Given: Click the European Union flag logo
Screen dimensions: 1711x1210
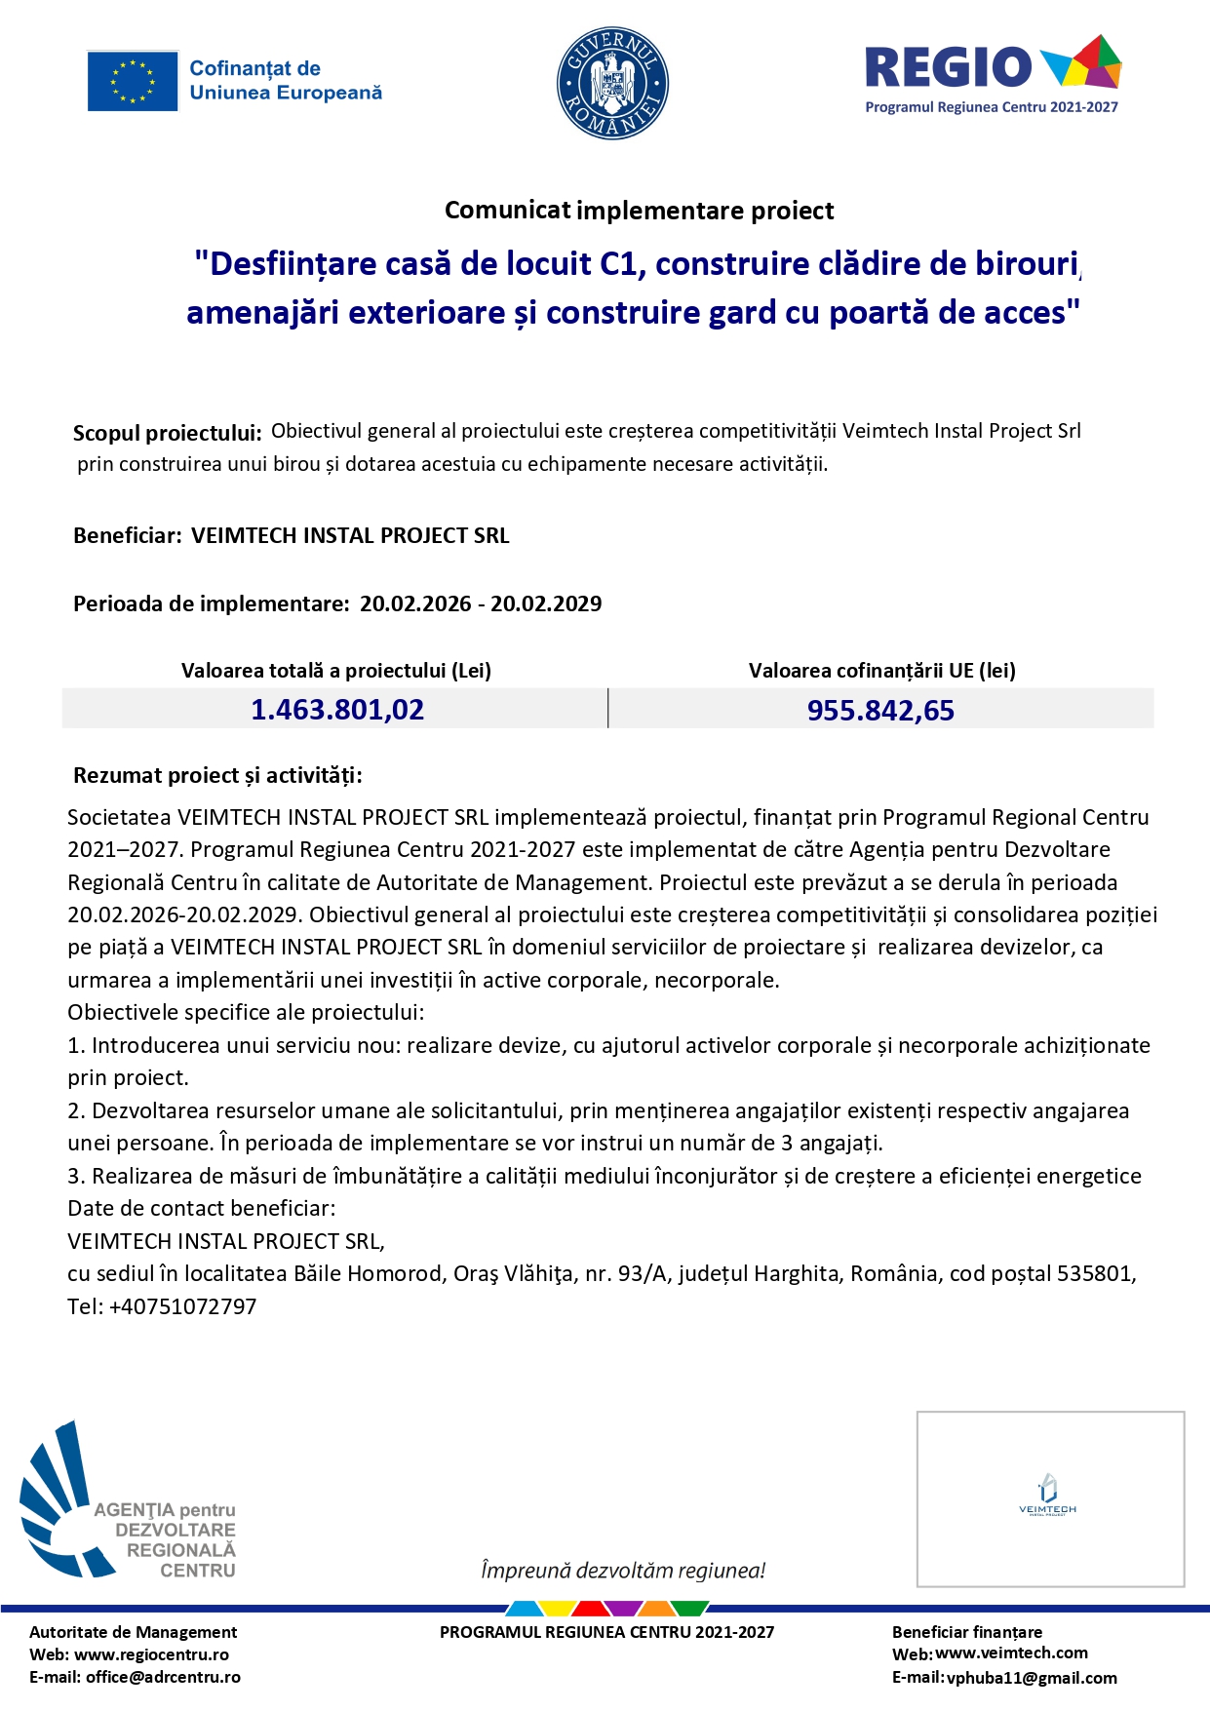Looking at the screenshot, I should tap(133, 81).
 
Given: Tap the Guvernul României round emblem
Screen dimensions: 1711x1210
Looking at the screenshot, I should tap(612, 83).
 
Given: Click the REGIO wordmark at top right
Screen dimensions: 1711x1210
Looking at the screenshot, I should tap(948, 68).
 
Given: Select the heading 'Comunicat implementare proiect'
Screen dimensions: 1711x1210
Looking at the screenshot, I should tap(639, 211).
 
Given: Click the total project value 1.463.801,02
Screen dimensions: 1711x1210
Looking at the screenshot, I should tap(337, 710).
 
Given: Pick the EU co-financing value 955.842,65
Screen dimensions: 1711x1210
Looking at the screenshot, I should tap(880, 711).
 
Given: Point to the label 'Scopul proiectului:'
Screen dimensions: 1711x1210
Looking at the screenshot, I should tap(168, 433).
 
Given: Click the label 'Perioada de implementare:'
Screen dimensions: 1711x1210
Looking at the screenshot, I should tap(211, 603).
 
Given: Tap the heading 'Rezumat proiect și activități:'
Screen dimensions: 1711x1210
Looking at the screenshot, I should tap(217, 776).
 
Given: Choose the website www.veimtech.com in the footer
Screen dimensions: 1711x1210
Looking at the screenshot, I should tap(1011, 1653).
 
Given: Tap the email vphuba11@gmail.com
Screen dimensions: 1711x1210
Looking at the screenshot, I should tap(1032, 1678).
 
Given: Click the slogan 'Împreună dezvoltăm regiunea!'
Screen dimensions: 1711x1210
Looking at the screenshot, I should tap(623, 1571).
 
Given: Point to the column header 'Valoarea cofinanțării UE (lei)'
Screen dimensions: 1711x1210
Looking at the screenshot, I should tap(881, 671).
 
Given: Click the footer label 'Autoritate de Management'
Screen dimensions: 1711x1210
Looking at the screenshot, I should tap(133, 1632).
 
